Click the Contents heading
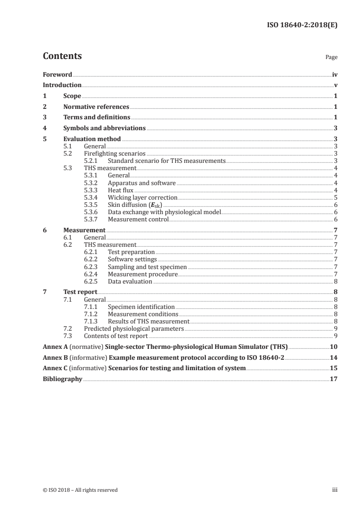pos(62,56)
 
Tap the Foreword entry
pos(57,74)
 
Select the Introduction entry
pos(62,85)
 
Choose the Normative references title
pos(96,107)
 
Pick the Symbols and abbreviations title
pos(104,128)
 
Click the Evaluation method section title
pos(92,139)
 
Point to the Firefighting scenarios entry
pos(115,153)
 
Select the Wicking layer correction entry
pos(143,197)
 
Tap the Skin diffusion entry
pos(135,205)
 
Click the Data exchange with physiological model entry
pos(164,212)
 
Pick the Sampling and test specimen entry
pos(147,267)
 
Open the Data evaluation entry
pos(130,281)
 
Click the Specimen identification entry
pos(141,307)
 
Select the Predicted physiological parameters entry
pos(134,328)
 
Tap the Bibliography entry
pos(62,379)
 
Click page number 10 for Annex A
pos(333,347)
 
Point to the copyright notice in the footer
pos(80,489)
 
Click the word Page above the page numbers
pos(331,58)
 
